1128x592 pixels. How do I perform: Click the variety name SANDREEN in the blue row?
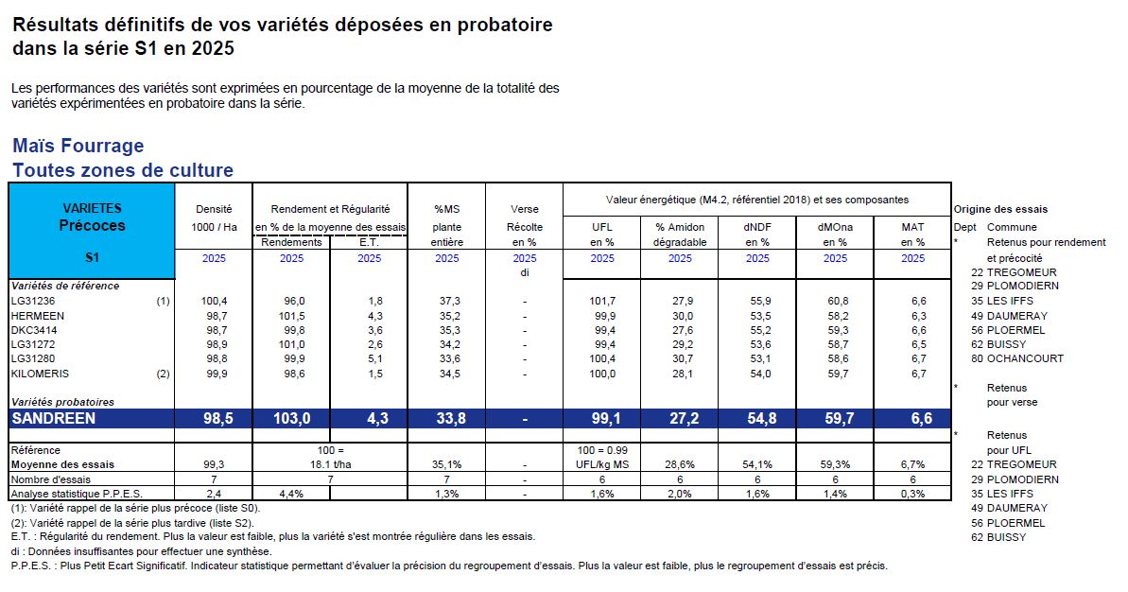[x=54, y=419]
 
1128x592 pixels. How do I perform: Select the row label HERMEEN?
[x=37, y=315]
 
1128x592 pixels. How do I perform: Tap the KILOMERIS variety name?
[x=39, y=374]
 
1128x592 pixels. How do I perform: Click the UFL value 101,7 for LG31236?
[x=602, y=301]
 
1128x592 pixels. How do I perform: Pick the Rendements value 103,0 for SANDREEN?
[x=292, y=419]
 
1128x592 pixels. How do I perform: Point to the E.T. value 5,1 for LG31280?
[x=369, y=358]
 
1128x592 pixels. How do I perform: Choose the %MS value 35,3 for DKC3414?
[x=446, y=330]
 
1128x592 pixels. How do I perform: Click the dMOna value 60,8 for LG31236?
[x=836, y=301]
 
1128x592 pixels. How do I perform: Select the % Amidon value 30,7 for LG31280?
[x=680, y=358]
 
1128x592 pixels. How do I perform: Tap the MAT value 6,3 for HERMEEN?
[x=912, y=315]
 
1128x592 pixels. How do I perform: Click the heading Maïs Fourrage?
[x=78, y=146]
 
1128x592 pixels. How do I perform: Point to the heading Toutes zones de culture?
[x=123, y=171]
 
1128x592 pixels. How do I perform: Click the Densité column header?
[x=214, y=209]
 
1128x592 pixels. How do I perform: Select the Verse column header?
[x=524, y=209]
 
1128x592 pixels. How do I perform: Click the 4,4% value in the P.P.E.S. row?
[x=291, y=494]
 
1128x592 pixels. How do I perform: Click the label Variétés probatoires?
[x=61, y=402]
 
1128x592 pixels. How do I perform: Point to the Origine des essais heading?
[x=1000, y=209]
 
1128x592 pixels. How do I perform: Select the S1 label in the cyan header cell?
[x=92, y=257]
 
